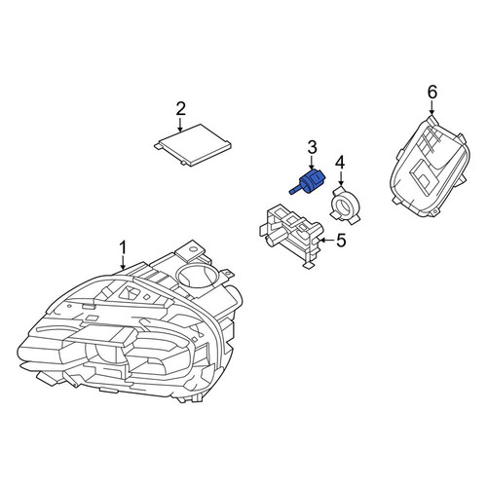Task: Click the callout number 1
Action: (123, 248)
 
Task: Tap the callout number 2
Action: (181, 109)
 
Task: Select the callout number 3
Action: (312, 147)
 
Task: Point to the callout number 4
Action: (340, 164)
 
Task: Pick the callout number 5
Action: (341, 241)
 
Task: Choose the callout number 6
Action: (432, 93)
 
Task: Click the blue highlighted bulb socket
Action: (307, 182)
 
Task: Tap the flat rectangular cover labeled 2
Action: (193, 145)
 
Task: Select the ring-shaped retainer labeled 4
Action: (344, 205)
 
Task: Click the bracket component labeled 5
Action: (291, 236)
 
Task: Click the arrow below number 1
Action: (123, 263)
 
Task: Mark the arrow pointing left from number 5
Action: (326, 241)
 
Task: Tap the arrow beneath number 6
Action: (432, 108)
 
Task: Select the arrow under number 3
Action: (312, 163)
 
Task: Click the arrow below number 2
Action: (180, 125)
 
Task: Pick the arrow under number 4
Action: (340, 179)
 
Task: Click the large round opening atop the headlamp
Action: (197, 275)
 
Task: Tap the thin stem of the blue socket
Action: (295, 190)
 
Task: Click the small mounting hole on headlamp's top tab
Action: (195, 249)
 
